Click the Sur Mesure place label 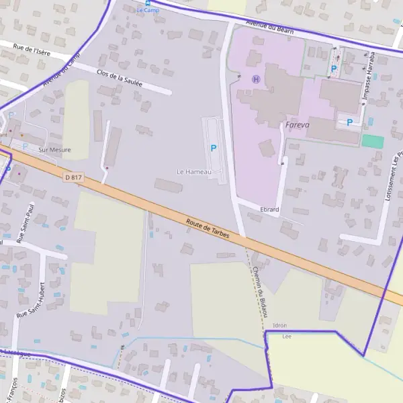click(54, 150)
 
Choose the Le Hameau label click(193, 172)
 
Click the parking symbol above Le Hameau click(214, 148)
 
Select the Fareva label click(297, 125)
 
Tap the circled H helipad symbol click(255, 79)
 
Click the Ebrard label click(269, 210)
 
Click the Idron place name click(279, 325)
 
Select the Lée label click(287, 336)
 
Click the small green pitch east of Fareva click(373, 142)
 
